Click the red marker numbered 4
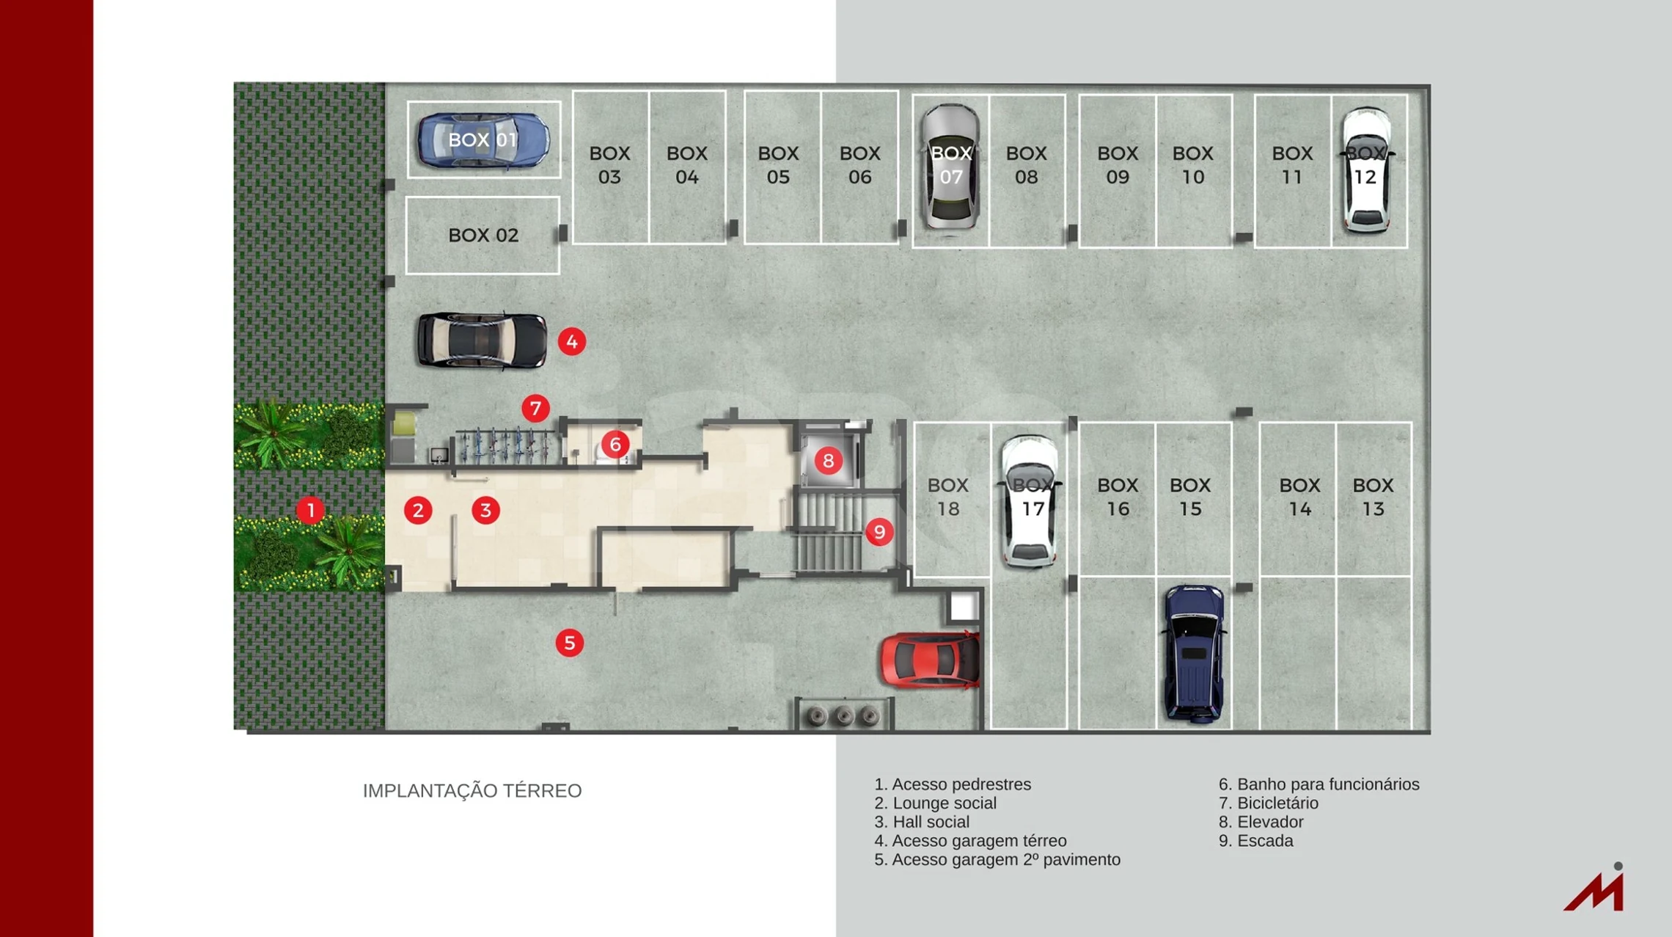click(571, 341)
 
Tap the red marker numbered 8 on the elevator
click(828, 461)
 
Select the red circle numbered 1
click(310, 510)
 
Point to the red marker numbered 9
click(879, 532)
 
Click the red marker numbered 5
click(569, 643)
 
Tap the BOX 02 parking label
click(483, 236)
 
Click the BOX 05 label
click(778, 165)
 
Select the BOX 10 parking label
click(1192, 165)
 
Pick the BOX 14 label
click(1299, 497)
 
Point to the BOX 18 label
click(948, 497)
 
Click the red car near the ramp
click(930, 660)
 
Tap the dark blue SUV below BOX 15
click(1193, 653)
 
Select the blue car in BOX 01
click(483, 140)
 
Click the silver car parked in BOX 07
click(950, 167)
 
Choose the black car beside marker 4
click(481, 340)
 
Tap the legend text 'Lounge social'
click(935, 803)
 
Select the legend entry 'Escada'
click(1256, 841)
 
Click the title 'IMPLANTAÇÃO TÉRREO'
click(472, 791)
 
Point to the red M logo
click(1596, 889)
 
